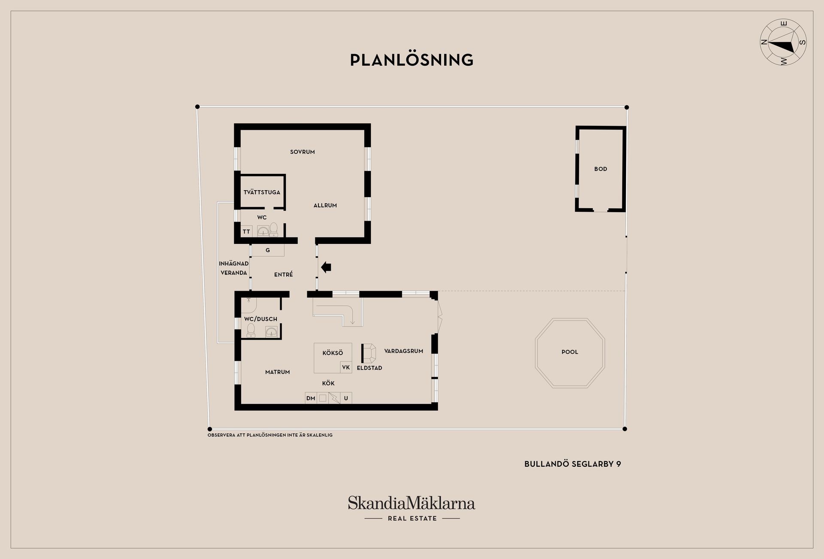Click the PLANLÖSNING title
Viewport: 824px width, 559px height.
(412, 60)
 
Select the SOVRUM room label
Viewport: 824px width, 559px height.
(302, 152)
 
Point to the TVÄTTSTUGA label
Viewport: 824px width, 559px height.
(262, 192)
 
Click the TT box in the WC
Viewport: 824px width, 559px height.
(246, 232)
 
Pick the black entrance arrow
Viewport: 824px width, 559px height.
(326, 267)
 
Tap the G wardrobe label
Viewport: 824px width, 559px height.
(268, 250)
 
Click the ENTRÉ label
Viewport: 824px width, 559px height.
(283, 275)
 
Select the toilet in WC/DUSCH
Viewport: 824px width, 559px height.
(251, 330)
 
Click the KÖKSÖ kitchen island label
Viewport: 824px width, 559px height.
(333, 353)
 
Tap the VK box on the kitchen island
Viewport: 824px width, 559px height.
(346, 368)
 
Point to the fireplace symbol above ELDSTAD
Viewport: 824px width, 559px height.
(369, 353)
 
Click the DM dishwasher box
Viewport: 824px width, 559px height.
(311, 398)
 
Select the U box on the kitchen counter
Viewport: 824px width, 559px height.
(346, 398)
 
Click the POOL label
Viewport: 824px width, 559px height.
(570, 352)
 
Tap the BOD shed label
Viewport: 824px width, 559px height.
(600, 169)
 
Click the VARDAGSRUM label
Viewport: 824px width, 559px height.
(403, 351)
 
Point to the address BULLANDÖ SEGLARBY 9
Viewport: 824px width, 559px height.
(573, 464)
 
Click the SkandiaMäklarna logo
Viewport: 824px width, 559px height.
(412, 503)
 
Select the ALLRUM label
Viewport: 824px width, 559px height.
(325, 206)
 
